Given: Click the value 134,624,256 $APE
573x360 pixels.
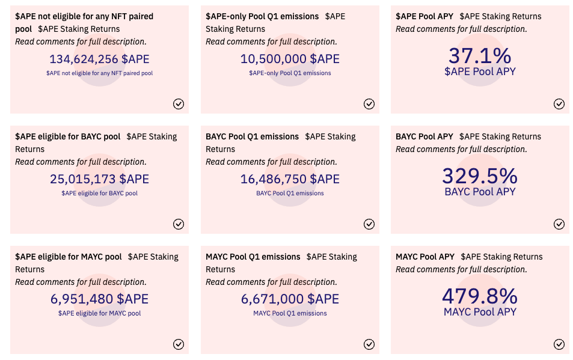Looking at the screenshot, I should point(99,59).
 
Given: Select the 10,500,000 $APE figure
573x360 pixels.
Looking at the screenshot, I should point(290,59).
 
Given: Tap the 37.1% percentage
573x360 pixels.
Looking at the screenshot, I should point(480,56).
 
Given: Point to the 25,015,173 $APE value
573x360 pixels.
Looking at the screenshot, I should point(99,179).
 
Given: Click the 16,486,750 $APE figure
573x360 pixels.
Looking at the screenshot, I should point(290,179).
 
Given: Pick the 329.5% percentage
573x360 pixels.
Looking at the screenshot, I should point(480,176).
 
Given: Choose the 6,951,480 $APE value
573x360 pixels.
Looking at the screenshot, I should point(99,299).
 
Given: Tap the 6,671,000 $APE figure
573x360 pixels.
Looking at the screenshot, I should point(290,299).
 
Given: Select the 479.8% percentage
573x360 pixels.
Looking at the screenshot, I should point(480,296).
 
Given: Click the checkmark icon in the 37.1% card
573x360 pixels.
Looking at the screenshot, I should point(559,104).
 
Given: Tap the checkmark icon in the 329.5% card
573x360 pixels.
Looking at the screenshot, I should point(559,224).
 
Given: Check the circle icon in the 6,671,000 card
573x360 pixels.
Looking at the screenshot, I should point(369,344).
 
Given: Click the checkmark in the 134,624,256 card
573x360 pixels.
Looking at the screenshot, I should point(179,104).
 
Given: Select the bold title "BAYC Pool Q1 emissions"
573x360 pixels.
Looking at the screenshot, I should point(252,136).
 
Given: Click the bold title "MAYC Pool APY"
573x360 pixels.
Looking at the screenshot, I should point(425,257).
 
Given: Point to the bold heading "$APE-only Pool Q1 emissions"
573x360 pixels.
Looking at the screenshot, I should point(262,16).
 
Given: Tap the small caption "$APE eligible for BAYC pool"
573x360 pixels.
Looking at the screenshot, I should point(99,194).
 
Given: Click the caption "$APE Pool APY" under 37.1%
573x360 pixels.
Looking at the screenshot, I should point(480,72).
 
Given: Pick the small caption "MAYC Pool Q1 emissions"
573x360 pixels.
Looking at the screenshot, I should point(290,314).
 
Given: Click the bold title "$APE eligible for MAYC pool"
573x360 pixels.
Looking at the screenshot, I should point(69,257).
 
